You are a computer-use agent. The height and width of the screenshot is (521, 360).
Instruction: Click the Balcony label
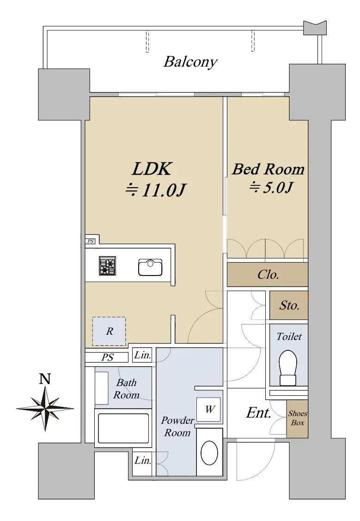[x=190, y=62]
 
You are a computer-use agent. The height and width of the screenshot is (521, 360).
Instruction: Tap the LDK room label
[x=152, y=169]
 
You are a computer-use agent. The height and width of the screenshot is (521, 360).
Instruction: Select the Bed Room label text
[x=268, y=169]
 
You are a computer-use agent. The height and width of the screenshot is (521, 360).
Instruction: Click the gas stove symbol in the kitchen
[x=107, y=266]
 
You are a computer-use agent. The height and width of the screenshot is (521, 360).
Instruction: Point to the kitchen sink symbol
[x=150, y=268]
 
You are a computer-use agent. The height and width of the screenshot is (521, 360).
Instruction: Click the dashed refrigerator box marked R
[x=109, y=331]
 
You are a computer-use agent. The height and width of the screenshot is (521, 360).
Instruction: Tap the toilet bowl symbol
[x=288, y=368]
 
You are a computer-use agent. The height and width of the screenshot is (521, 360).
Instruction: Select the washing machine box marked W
[x=208, y=410]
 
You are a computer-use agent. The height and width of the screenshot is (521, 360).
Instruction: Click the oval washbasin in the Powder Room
[x=209, y=453]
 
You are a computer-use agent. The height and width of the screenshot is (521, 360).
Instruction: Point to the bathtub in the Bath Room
[x=123, y=428]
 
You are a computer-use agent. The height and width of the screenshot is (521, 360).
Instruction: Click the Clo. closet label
[x=268, y=275]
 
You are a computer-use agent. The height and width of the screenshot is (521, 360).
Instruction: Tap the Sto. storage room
[x=288, y=305]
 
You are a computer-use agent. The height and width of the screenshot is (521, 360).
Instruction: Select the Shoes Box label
[x=297, y=418]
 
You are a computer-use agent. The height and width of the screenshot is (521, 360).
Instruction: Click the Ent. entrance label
[x=258, y=413]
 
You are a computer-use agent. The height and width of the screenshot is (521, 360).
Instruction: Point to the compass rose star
[x=45, y=408]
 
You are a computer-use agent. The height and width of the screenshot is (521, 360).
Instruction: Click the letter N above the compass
[x=45, y=379]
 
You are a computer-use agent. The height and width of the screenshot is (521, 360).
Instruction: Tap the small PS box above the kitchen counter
[x=90, y=241]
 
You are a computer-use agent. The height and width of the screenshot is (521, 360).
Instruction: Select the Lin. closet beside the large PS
[x=142, y=355]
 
